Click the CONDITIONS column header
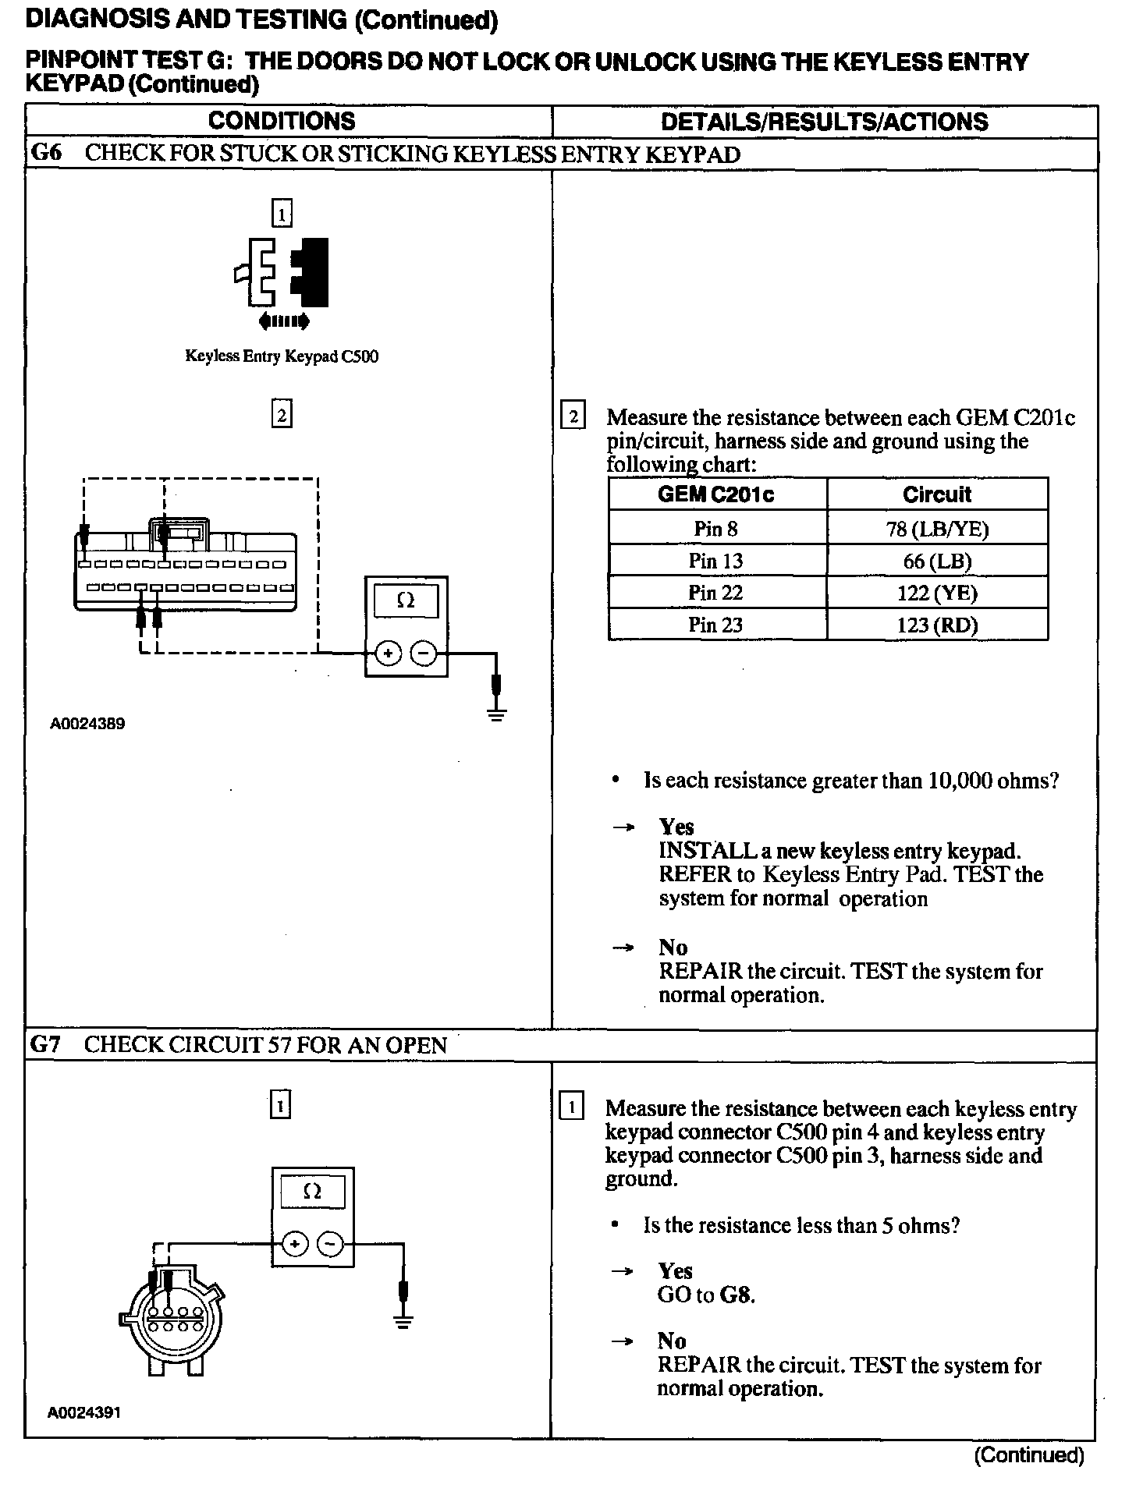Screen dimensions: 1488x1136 pyautogui.click(x=281, y=122)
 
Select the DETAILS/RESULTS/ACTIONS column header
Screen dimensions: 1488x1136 pyautogui.click(x=824, y=122)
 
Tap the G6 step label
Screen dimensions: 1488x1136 pyautogui.click(x=45, y=153)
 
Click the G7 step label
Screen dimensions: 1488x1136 pyautogui.click(x=45, y=1044)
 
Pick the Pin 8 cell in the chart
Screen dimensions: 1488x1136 pyautogui.click(x=715, y=529)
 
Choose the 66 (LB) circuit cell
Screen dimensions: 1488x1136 pyautogui.click(x=937, y=561)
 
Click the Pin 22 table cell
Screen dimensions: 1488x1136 pyautogui.click(x=715, y=593)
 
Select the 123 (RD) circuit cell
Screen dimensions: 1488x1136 pyautogui.click(x=937, y=625)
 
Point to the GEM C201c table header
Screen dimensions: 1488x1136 pyautogui.click(x=715, y=494)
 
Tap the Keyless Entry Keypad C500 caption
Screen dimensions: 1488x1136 pyautogui.click(x=282, y=356)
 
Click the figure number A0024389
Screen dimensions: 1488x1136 pyautogui.click(x=87, y=724)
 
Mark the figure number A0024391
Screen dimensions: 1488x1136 pyautogui.click(x=84, y=1412)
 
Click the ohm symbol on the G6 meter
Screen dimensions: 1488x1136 pyautogui.click(x=406, y=601)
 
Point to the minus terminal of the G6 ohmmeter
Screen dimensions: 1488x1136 pyautogui.click(x=424, y=654)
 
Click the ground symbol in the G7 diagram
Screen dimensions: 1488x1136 pyautogui.click(x=403, y=1322)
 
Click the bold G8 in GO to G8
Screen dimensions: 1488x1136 pyautogui.click(x=737, y=1295)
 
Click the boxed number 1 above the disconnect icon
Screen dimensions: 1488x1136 pyautogui.click(x=282, y=214)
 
